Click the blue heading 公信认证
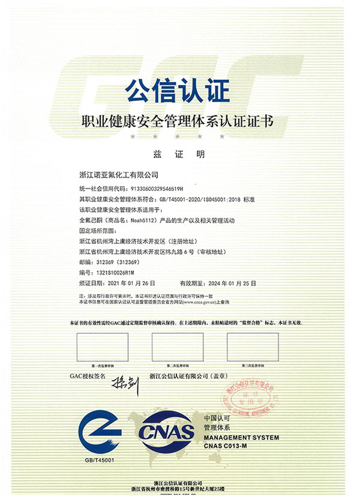[178, 92]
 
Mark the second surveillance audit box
[178, 347]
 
